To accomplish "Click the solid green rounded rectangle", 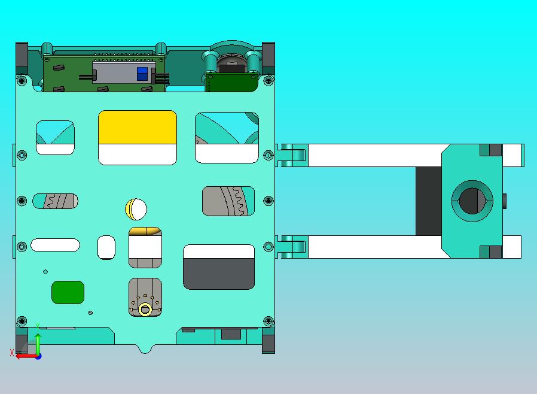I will click(x=68, y=292).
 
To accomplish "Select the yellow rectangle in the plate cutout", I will click(x=137, y=128).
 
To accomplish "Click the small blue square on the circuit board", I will click(x=142, y=74).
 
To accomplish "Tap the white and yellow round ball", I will click(x=136, y=209).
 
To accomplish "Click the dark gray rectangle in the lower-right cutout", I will click(x=219, y=274).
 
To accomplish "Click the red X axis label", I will click(x=12, y=353).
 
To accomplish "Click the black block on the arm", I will click(x=428, y=201).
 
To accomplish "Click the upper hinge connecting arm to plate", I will click(x=291, y=155).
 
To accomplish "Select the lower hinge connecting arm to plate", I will click(x=291, y=246).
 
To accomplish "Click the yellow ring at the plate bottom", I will click(x=145, y=309).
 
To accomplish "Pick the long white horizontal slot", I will click(x=55, y=245).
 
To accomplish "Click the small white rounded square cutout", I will click(x=106, y=247).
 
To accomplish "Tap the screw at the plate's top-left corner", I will click(x=22, y=80).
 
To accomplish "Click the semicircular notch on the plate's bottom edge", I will click(x=144, y=349).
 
